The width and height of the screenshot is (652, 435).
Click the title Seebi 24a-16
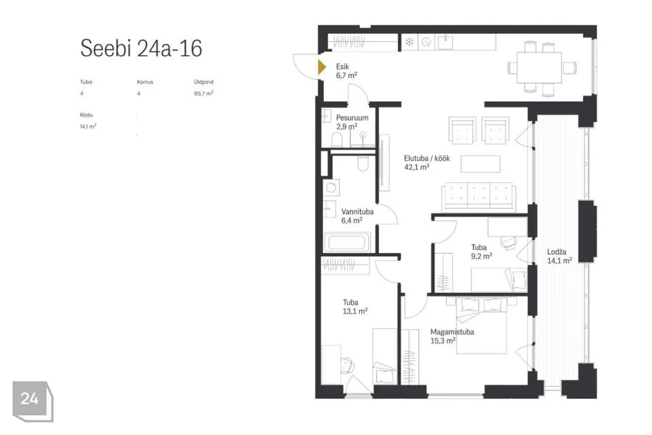point(141,48)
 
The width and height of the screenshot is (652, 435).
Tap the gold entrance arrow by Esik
point(322,67)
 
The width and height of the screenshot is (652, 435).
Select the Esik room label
point(346,71)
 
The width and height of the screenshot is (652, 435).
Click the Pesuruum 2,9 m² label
point(352,122)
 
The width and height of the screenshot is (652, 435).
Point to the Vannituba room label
point(357,215)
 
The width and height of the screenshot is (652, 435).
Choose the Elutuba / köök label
point(427,162)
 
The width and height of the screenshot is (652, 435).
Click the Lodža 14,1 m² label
point(559,256)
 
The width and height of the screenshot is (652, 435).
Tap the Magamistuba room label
point(452,336)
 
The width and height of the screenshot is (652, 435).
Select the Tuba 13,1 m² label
point(355,307)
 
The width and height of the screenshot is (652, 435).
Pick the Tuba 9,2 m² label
point(482,251)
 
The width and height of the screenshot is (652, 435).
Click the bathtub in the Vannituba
point(346,242)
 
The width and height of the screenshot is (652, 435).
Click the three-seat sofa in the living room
point(479,196)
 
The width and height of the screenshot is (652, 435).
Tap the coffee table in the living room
point(480,164)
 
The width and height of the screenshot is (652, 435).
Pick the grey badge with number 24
point(33,401)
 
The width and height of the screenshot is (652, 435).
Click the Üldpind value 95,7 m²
point(203,93)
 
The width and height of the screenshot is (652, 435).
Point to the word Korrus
point(145,82)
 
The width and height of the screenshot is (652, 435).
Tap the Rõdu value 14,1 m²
point(88,126)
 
